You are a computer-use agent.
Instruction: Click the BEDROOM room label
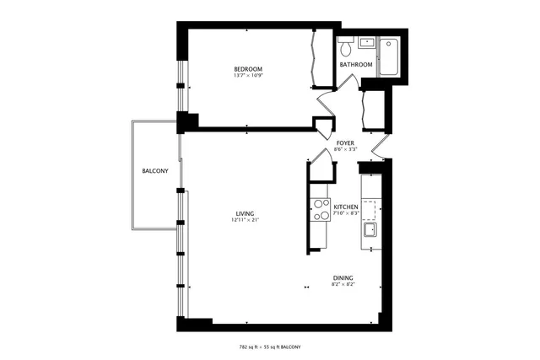(x=248, y=69)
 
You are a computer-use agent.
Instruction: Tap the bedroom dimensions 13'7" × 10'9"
(x=248, y=77)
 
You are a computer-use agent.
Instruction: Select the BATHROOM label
(x=356, y=65)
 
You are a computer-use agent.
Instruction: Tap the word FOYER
(x=345, y=143)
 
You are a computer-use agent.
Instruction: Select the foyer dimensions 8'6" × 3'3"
(x=345, y=150)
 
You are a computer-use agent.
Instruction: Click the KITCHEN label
(x=346, y=207)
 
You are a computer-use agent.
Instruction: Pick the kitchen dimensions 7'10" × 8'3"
(x=346, y=214)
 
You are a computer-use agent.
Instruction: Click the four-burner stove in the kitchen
(x=321, y=209)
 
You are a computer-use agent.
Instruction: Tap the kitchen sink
(x=370, y=230)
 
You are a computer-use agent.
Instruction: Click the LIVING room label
(x=246, y=213)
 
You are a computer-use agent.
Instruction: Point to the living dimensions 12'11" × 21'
(x=246, y=221)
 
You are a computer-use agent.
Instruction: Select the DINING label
(x=343, y=278)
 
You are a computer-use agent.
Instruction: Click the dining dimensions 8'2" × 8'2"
(x=343, y=285)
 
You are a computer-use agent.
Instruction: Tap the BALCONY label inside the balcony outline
(x=154, y=172)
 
